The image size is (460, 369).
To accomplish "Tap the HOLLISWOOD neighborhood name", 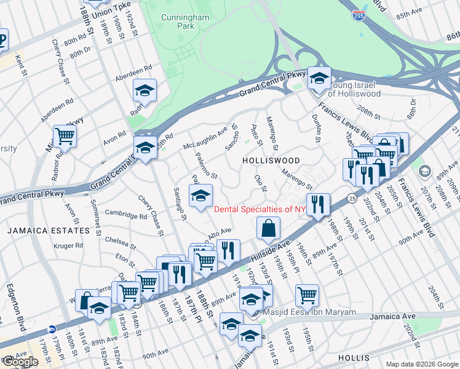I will pos(271,161).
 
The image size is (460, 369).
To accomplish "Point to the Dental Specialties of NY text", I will pos(260,209).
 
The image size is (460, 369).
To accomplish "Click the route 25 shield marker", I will pos(351,198).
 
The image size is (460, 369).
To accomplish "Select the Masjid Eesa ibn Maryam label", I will pos(309,312).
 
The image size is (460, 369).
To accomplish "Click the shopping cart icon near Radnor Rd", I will pos(64,136).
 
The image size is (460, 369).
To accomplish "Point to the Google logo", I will pos(20,362).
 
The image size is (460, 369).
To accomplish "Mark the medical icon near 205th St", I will pos(424,170).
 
